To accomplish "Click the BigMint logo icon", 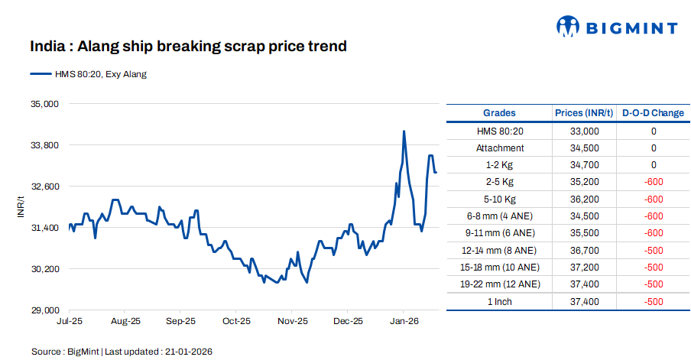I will coord(567,27).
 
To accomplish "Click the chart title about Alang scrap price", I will coord(188,47).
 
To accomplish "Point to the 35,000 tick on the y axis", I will coord(44,103).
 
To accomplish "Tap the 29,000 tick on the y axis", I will coord(44,310).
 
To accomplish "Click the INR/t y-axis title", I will coord(21,207).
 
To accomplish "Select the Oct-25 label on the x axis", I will coord(236,322).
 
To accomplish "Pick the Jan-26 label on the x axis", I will coord(404,322).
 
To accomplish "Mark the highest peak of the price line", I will coord(404,131).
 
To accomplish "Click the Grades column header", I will coord(499,112).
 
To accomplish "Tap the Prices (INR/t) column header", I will coord(584,112).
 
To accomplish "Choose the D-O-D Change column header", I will coord(653,112).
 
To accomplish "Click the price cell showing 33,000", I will coord(584,131).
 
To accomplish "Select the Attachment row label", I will coord(499,148).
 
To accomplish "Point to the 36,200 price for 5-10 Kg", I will coord(584,199).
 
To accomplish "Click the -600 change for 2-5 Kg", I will coord(653,182).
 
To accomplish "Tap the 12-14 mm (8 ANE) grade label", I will coord(499,250).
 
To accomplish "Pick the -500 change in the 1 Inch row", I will coord(653,301).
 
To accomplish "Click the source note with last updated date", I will coord(122,352).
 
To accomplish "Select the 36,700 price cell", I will coord(584,250).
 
